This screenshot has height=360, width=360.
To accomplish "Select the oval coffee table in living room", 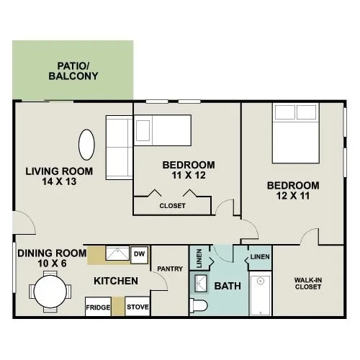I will [x=86, y=145].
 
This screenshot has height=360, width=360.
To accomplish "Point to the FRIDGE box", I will [x=98, y=307].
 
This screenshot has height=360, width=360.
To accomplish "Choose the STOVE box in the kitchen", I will [x=138, y=307].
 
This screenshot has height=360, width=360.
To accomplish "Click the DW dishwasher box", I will [x=140, y=253].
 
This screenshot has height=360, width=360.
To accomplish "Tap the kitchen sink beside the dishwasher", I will [x=117, y=254].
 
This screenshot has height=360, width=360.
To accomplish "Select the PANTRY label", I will [x=171, y=269].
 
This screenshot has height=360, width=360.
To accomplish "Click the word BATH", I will [x=228, y=287].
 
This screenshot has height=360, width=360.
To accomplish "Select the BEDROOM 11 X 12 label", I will [x=189, y=170].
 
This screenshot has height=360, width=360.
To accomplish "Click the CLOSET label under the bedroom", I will [x=172, y=206].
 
